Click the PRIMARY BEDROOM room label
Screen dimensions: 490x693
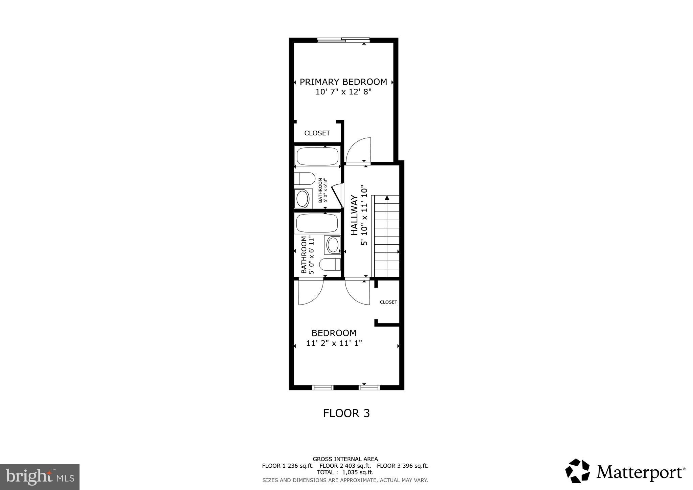pos(343,82)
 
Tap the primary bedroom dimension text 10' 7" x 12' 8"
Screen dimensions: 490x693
pos(343,92)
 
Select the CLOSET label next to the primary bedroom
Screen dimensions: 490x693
pos(317,133)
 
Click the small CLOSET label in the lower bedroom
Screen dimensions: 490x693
pos(388,302)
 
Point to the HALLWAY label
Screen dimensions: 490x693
pos(354,215)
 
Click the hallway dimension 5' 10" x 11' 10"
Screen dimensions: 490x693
pos(364,215)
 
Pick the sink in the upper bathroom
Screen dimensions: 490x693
pos(302,198)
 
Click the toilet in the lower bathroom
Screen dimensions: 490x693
pos(330,264)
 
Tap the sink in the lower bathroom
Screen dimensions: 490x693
pos(332,245)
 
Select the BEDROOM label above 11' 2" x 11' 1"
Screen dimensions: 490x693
pos(334,333)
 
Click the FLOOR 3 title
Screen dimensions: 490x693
pos(346,413)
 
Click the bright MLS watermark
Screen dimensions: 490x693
pos(40,477)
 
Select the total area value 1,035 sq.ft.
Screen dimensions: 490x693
pos(358,472)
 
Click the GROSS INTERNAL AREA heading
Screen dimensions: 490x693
pos(345,459)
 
